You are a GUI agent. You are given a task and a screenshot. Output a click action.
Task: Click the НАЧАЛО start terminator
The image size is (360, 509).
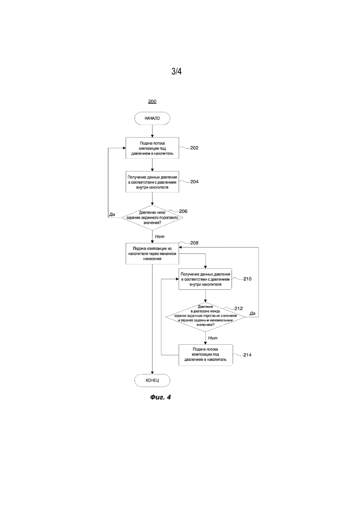click(152, 119)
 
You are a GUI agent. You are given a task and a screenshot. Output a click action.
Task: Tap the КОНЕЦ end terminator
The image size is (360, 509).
click(152, 380)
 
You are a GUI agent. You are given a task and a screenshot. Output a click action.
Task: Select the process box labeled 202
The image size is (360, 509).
click(152, 148)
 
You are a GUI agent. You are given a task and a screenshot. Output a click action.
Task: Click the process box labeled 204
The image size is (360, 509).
click(152, 182)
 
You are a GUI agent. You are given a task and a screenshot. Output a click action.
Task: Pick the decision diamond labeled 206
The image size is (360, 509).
click(152, 217)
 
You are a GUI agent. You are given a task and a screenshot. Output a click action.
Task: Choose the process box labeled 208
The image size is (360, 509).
click(152, 254)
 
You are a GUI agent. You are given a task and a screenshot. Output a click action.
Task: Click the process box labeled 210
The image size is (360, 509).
click(205, 279)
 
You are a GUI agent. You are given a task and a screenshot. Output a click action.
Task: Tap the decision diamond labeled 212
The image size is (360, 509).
click(205, 317)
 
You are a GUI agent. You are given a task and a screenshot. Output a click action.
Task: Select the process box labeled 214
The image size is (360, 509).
click(205, 355)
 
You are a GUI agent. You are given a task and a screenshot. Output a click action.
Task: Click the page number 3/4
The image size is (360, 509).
click(177, 71)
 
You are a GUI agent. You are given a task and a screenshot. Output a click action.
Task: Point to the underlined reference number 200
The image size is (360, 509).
click(152, 102)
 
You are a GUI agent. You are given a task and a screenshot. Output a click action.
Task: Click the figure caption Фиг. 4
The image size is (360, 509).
click(160, 397)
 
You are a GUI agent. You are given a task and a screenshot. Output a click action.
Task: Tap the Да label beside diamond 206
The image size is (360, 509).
click(112, 214)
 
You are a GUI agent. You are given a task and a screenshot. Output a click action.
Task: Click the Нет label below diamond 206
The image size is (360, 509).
click(160, 237)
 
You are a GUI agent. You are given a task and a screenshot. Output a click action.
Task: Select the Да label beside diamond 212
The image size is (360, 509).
click(252, 313)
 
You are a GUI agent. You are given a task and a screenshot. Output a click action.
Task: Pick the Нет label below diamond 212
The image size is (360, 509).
click(213, 338)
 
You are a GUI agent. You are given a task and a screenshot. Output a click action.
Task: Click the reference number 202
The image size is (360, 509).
click(194, 148)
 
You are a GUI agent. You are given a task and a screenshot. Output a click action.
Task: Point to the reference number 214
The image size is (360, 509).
click(247, 355)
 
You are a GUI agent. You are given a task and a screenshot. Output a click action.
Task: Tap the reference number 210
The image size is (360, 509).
click(247, 279)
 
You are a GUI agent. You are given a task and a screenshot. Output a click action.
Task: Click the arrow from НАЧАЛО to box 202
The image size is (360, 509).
click(152, 131)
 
